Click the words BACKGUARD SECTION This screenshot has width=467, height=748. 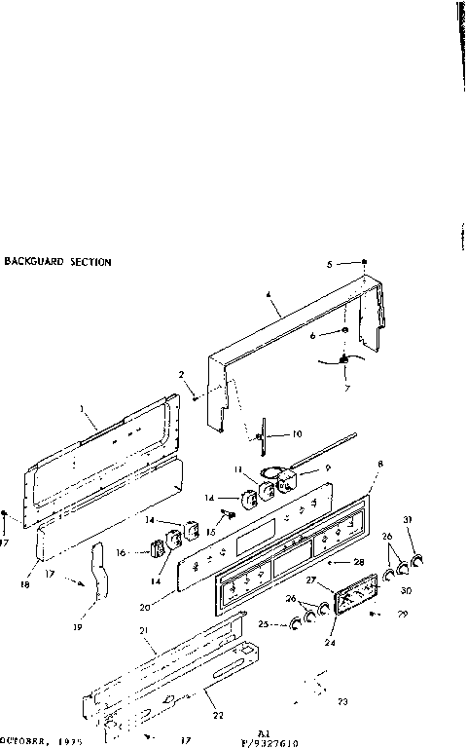[x=58, y=262]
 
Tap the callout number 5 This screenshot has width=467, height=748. [x=330, y=263]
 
